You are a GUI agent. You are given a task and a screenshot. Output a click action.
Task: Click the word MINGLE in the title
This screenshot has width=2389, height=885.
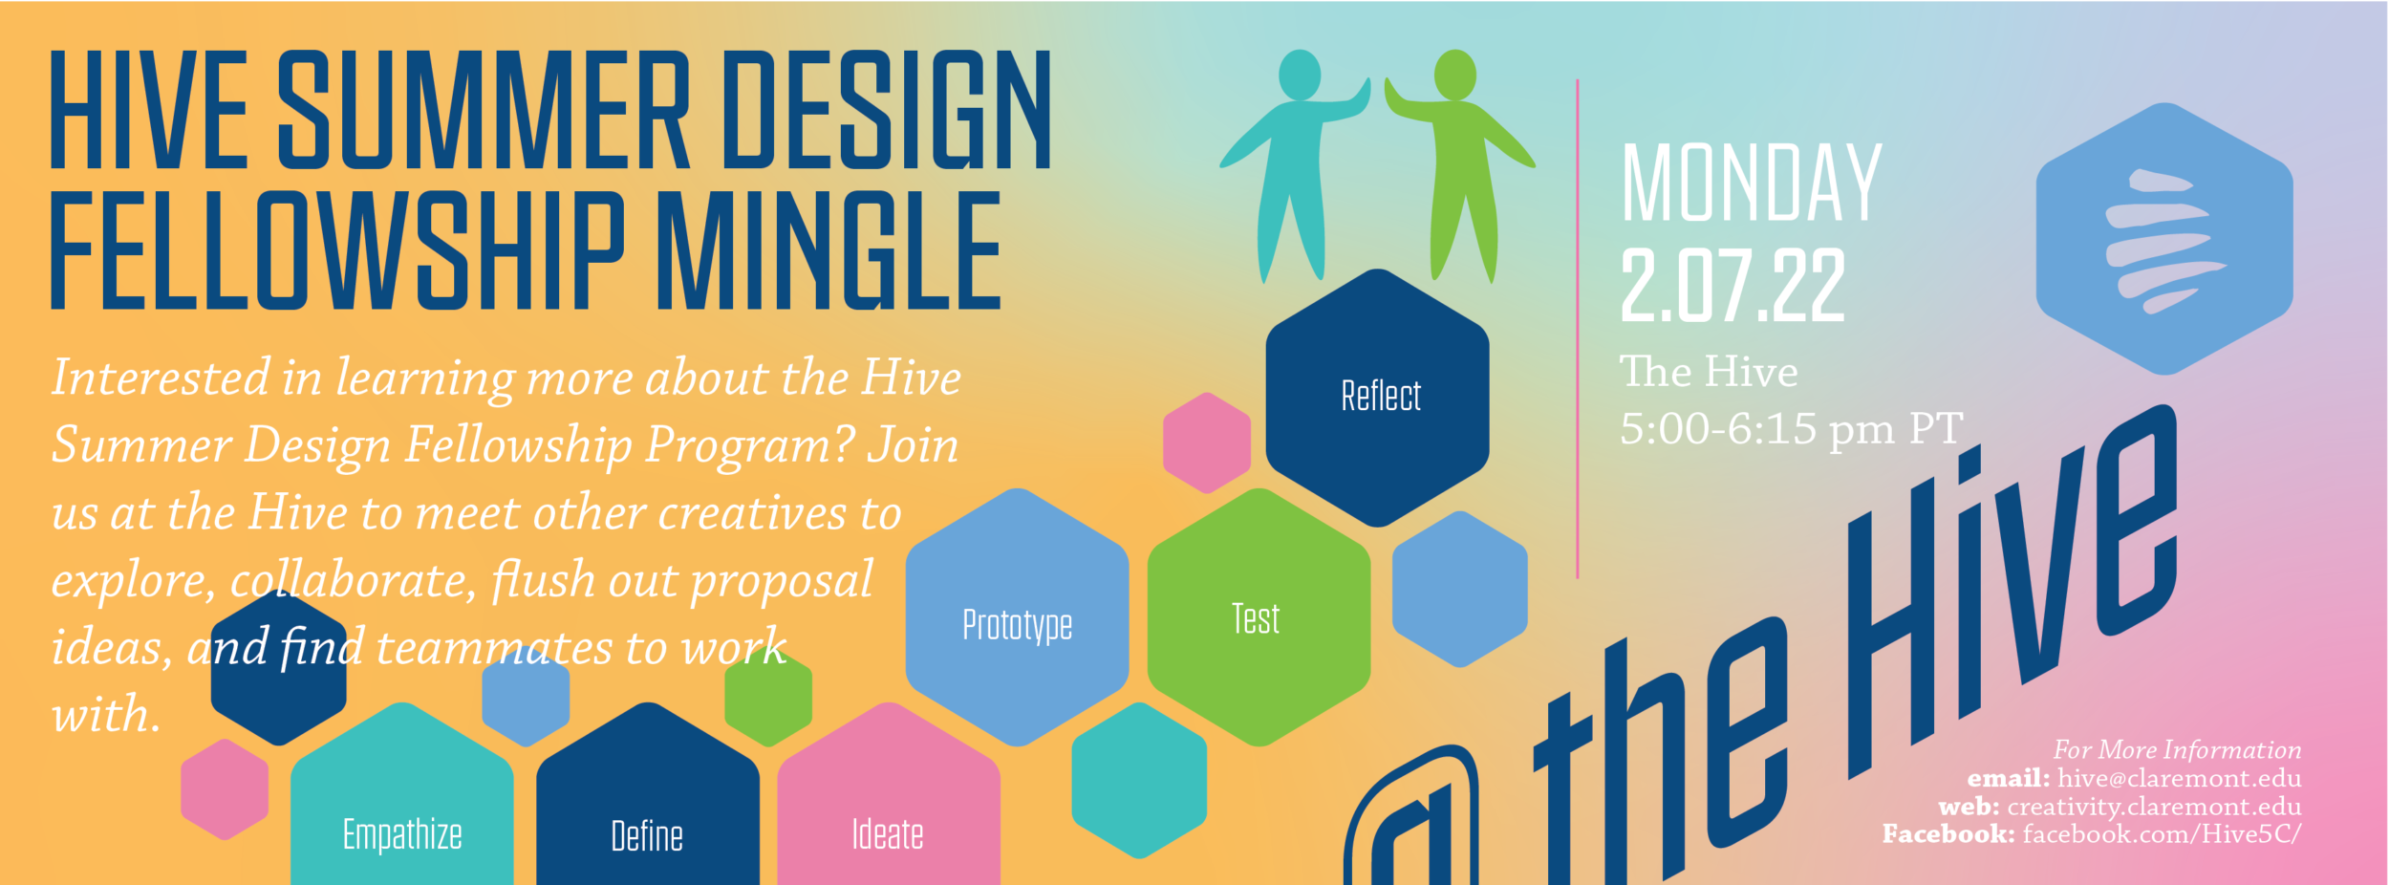point(829,250)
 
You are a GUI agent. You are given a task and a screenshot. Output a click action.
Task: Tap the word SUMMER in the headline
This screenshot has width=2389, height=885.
point(484,109)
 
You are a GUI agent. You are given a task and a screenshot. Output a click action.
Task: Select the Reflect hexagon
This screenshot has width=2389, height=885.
point(1377,398)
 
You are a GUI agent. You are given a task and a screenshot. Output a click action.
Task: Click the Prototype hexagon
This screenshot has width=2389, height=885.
point(1017,617)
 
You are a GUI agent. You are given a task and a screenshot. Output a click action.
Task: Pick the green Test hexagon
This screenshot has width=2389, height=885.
point(1259,617)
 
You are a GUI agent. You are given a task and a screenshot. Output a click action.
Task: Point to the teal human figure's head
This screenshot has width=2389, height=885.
point(1300,75)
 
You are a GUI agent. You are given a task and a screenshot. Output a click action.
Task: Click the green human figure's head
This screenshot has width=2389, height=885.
point(1454,75)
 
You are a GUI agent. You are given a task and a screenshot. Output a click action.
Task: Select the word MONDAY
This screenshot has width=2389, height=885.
point(1752,183)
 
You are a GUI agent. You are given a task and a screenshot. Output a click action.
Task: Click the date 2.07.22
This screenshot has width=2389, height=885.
point(1733,285)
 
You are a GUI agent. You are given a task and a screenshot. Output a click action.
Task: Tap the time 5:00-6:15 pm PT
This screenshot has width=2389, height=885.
point(1792,429)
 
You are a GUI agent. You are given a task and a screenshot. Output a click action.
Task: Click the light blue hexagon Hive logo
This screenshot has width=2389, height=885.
point(2164,239)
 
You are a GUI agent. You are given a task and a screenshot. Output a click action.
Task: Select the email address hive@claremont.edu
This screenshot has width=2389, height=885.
point(2179,779)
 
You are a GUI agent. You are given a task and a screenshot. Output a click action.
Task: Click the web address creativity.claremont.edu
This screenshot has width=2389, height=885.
point(2154,808)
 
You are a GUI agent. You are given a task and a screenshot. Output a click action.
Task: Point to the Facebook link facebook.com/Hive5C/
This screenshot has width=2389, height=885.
point(2162,834)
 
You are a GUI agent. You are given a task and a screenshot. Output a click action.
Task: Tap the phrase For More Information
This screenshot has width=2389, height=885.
point(2177,750)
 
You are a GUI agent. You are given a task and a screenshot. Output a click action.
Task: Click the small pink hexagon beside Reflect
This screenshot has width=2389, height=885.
point(1207,442)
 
